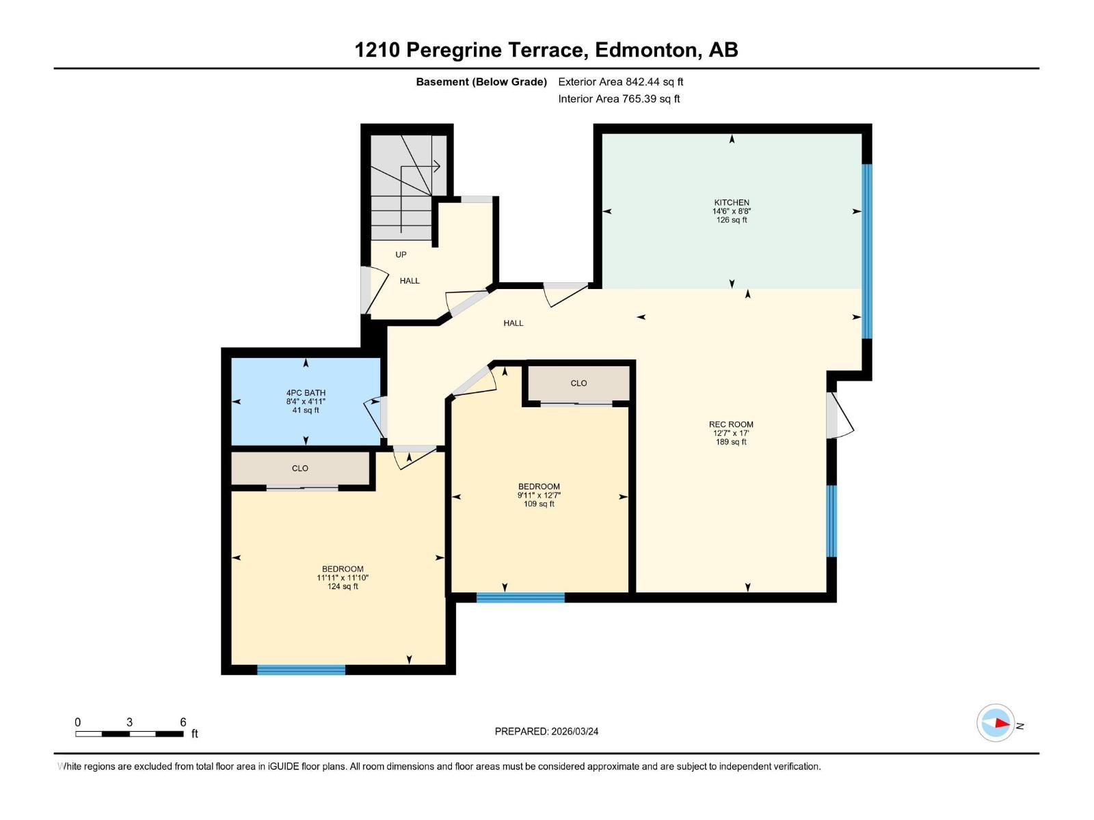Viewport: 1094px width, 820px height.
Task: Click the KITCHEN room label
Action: click(731, 202)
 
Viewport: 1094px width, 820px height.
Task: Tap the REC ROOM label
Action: click(731, 424)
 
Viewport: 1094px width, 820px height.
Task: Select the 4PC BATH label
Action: click(306, 393)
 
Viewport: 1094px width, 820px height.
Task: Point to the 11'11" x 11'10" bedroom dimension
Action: click(343, 577)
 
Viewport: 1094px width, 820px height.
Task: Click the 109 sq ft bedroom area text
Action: click(539, 504)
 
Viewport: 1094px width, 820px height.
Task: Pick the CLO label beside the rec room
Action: click(578, 383)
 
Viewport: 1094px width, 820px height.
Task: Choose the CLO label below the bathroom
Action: click(300, 468)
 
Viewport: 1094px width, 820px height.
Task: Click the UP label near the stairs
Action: click(401, 254)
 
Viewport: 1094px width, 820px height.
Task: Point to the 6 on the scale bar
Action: click(183, 722)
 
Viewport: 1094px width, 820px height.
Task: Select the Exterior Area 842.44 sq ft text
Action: click(621, 81)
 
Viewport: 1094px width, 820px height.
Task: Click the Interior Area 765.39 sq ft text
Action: click(619, 98)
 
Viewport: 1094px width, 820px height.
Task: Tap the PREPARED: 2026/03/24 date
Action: click(546, 731)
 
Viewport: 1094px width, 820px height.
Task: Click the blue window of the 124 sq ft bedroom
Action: click(301, 670)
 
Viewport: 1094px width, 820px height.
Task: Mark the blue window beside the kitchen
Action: click(867, 251)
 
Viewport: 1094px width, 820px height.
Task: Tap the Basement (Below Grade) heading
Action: click(481, 81)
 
